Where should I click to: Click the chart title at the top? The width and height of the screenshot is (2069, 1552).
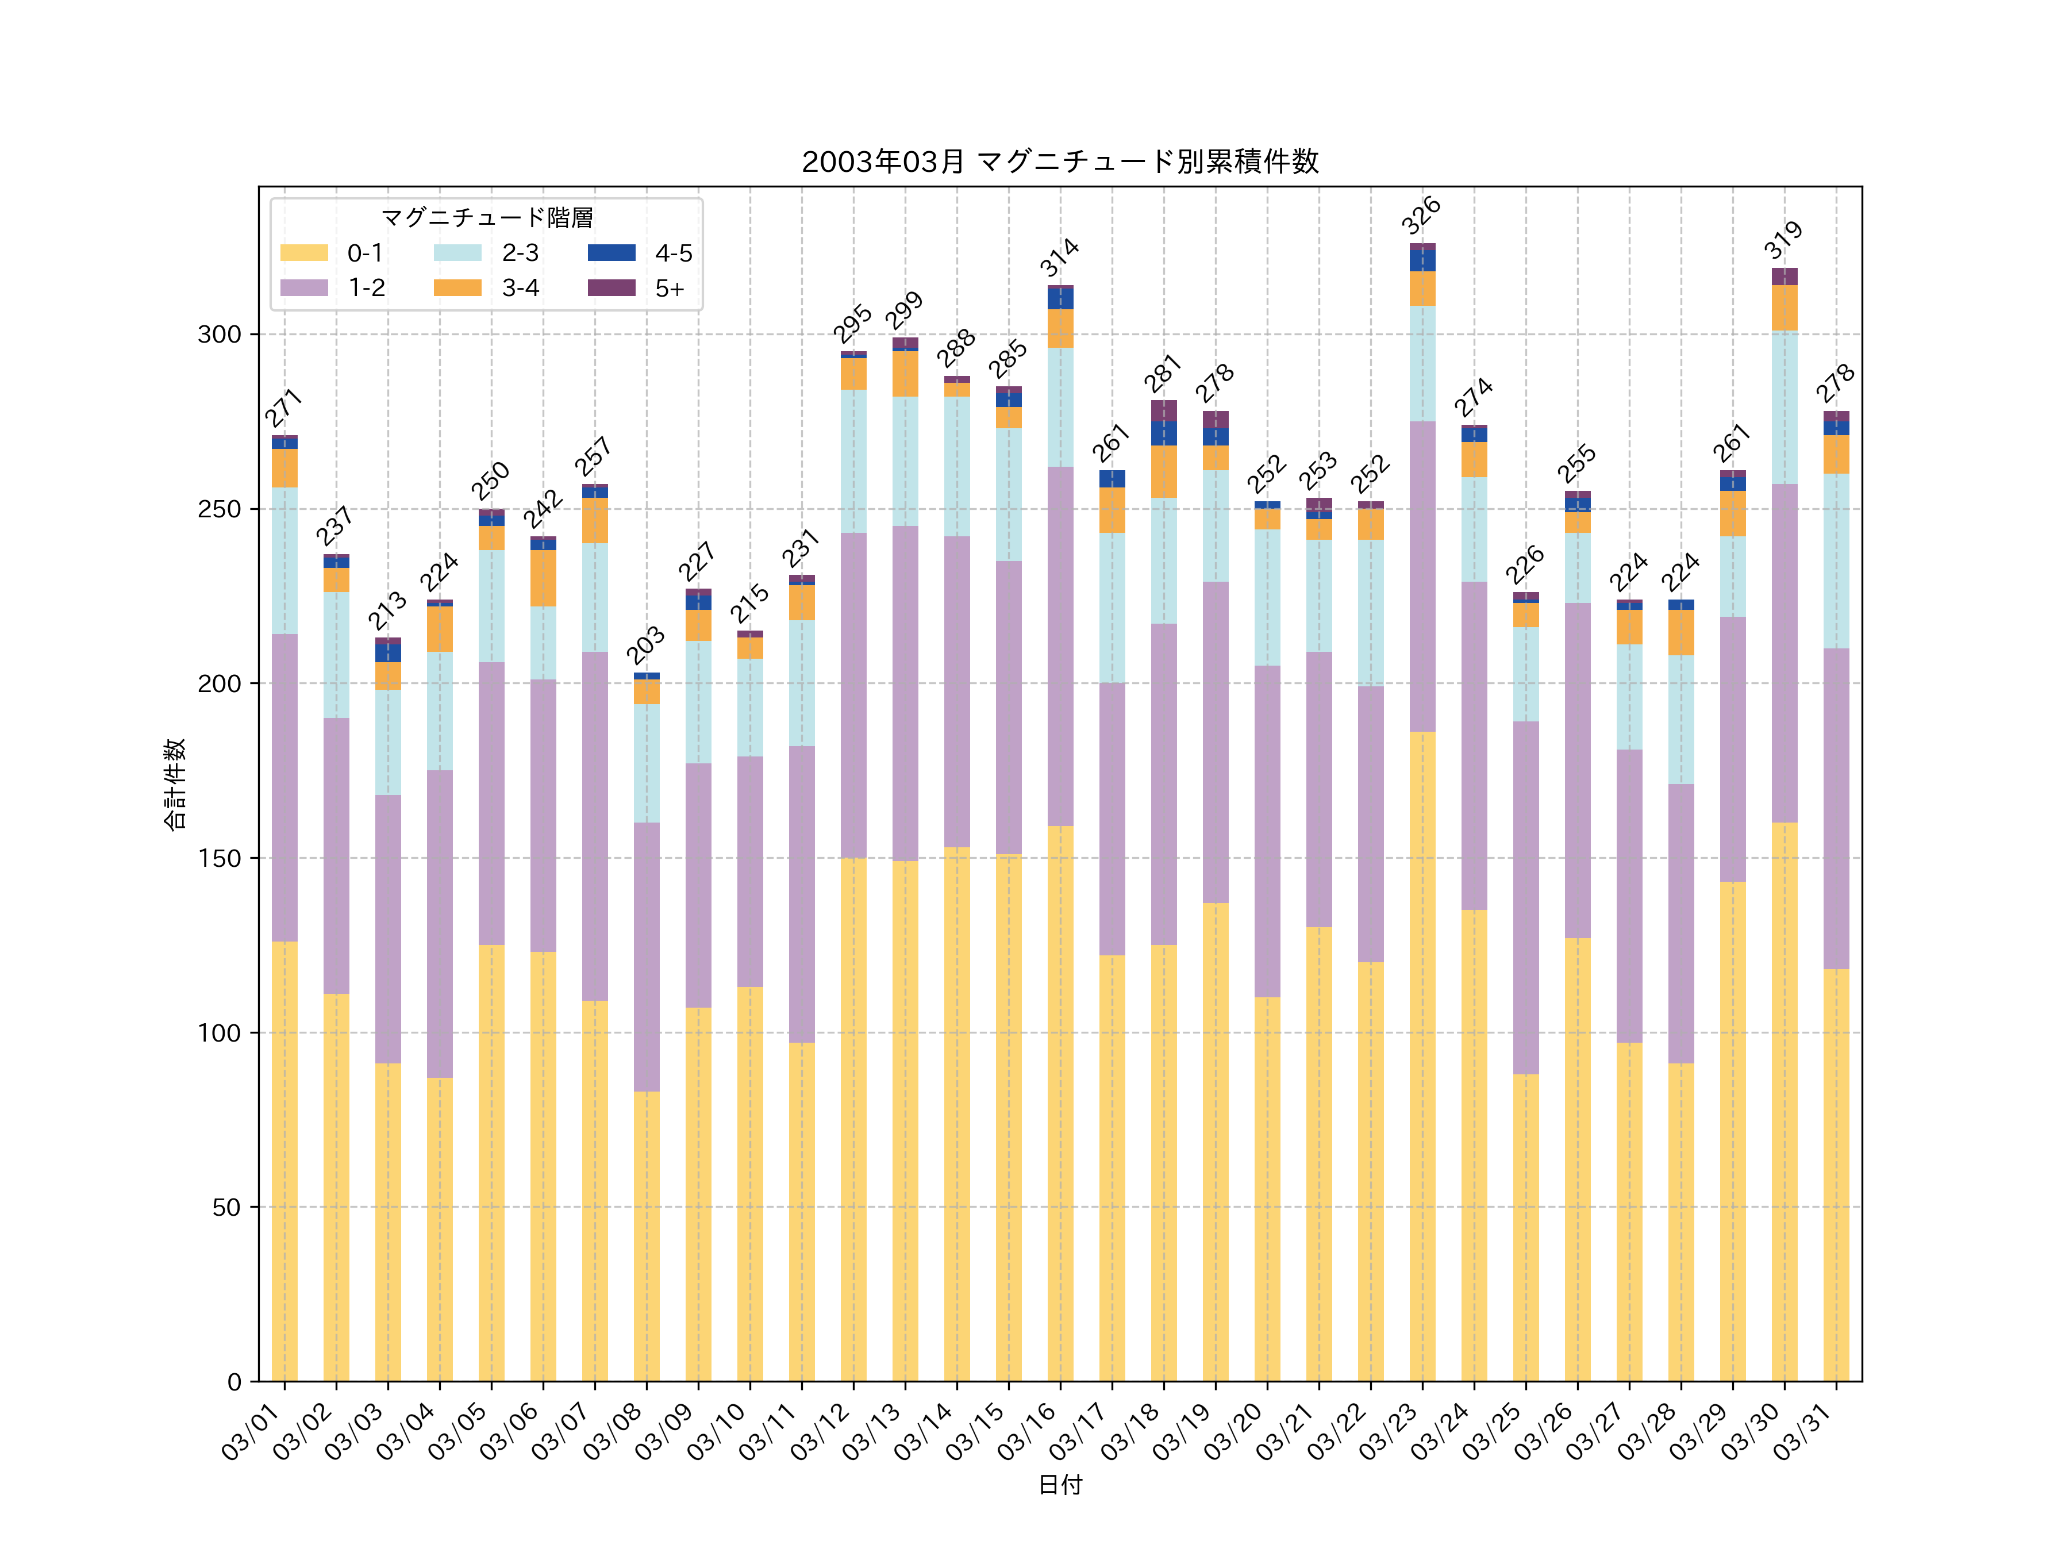[1060, 162]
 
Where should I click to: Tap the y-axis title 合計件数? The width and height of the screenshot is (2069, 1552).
[175, 784]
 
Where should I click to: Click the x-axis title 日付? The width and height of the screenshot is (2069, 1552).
[1060, 1485]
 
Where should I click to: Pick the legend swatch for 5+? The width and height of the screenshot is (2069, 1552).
[611, 288]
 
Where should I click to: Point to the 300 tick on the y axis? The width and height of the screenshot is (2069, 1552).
[219, 334]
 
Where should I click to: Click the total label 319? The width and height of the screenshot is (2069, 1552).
[1783, 240]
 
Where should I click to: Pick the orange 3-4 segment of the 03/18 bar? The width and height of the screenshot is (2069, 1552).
[1164, 471]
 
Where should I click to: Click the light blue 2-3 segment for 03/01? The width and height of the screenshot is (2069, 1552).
[284, 560]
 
